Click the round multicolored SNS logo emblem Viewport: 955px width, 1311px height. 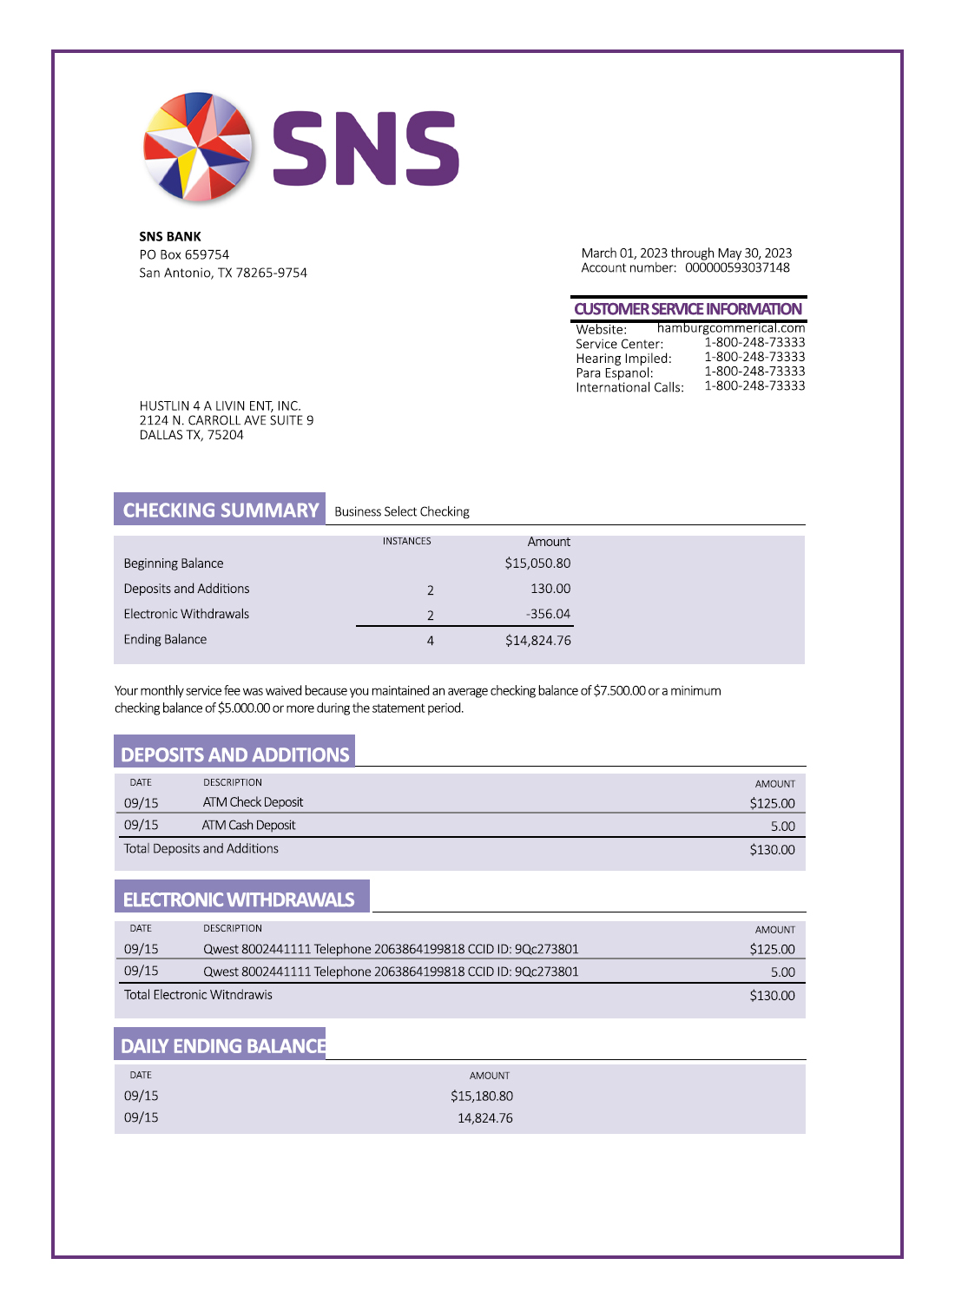click(198, 147)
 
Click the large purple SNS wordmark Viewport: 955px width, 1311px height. click(366, 148)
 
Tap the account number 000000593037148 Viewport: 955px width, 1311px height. click(737, 267)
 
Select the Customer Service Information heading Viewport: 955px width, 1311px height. click(688, 309)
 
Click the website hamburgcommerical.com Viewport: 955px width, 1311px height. click(731, 328)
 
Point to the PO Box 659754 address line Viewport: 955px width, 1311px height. click(184, 254)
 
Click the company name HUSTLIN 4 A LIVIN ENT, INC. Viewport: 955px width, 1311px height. click(221, 405)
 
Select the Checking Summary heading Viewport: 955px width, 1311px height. click(221, 510)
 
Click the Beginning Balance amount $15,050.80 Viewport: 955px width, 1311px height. click(537, 563)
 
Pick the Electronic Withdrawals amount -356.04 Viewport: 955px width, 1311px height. click(548, 614)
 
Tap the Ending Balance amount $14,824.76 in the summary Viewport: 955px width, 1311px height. click(537, 641)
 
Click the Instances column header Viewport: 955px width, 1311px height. click(406, 541)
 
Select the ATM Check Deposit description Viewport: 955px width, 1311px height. click(253, 802)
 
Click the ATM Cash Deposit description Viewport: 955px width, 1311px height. click(249, 825)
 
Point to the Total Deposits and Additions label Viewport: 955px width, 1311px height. click(201, 848)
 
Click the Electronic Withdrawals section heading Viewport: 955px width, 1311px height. click(239, 899)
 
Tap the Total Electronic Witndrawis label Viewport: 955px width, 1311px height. click(198, 995)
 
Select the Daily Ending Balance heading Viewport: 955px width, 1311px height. click(223, 1046)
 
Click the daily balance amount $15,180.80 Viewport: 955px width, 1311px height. click(482, 1097)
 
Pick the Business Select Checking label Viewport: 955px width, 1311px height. click(402, 511)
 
